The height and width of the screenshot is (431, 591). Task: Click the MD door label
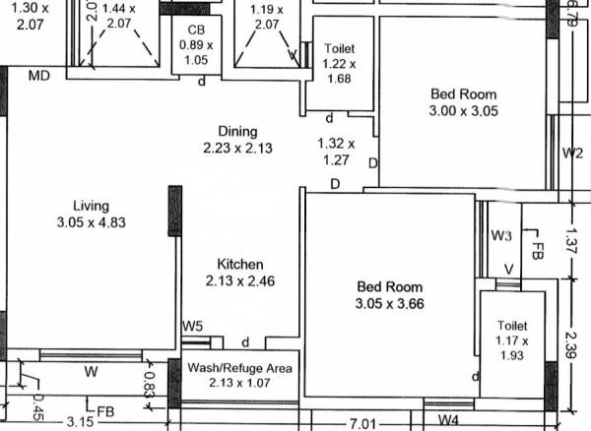click(x=39, y=76)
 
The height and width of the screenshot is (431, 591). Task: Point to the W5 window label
click(x=192, y=327)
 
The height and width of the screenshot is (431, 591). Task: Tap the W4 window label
click(x=449, y=420)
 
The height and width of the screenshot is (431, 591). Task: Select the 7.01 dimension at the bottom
click(x=363, y=423)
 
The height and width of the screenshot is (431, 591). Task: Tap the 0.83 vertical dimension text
click(x=150, y=382)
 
